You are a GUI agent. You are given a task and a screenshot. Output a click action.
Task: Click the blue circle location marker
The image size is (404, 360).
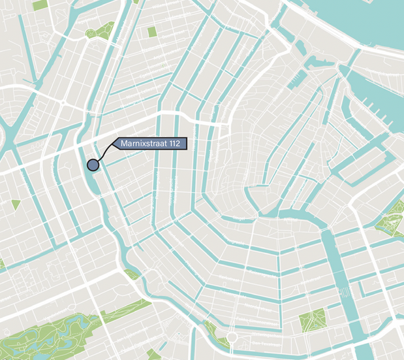point(93,165)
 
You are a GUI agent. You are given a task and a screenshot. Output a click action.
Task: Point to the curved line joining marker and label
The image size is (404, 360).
point(104,152)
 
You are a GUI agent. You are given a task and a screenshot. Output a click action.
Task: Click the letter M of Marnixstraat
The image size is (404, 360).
point(123,144)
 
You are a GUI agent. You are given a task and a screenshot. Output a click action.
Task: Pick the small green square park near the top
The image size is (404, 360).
point(152,31)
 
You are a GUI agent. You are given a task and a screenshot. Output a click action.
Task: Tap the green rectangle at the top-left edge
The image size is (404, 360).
point(40,5)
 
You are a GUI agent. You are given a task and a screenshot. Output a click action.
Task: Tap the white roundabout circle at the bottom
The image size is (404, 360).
point(230,337)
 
